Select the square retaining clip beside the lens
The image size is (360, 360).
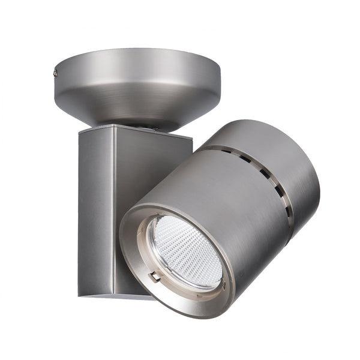point(155,277)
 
